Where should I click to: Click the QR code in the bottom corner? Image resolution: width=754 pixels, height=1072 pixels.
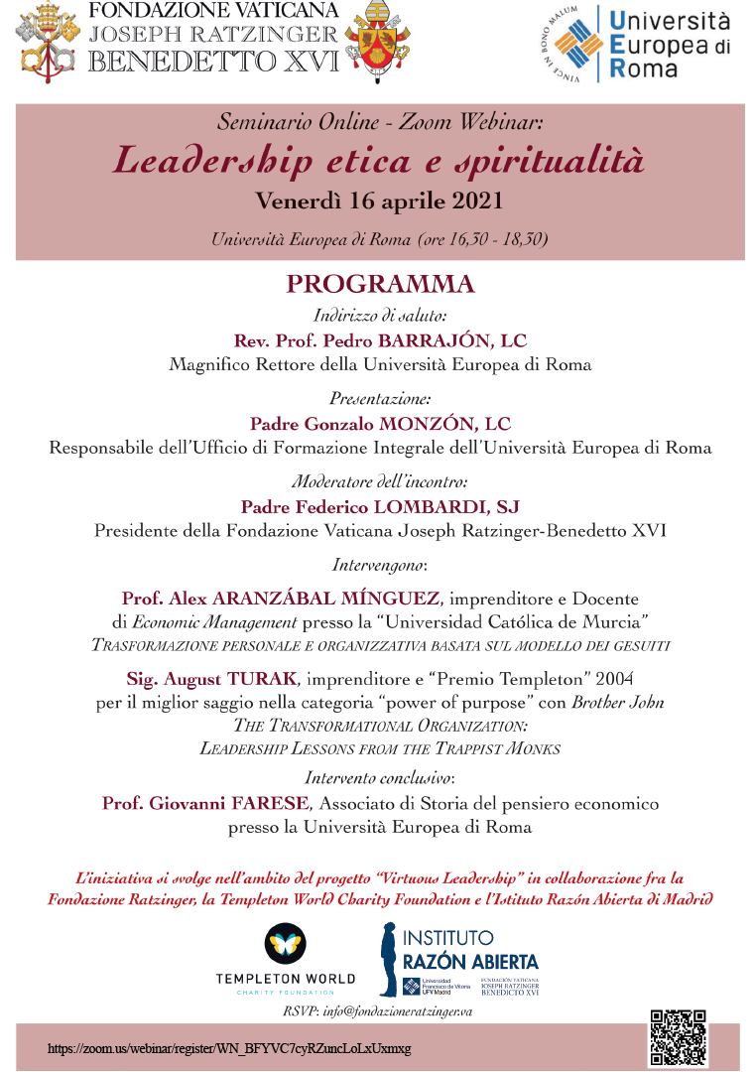[x=679, y=1037]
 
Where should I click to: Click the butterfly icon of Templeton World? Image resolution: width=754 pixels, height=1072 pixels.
[x=285, y=944]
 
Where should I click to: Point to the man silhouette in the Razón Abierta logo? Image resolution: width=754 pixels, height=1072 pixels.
[x=389, y=959]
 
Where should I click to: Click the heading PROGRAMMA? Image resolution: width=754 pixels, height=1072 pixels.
[x=380, y=285]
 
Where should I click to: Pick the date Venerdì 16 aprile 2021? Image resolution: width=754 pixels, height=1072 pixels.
[x=379, y=201]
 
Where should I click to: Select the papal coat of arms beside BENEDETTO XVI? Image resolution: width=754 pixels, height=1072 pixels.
[x=376, y=43]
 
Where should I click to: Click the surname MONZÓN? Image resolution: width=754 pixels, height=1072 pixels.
[x=437, y=424]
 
